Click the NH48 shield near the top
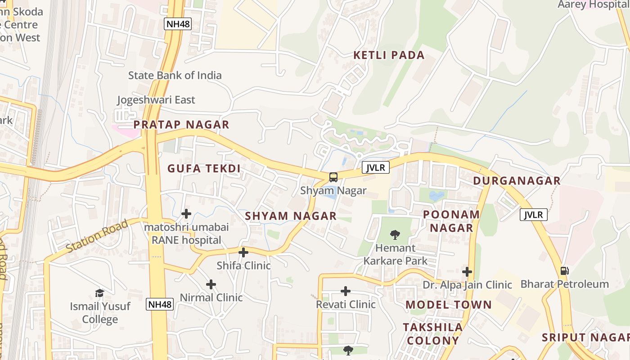(178, 24)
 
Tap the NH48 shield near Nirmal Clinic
(160, 304)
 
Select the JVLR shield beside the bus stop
(376, 167)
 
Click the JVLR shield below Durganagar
(534, 215)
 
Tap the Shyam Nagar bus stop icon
(333, 177)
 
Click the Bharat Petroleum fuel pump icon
(564, 271)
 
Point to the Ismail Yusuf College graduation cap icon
(99, 293)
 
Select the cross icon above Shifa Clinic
(243, 252)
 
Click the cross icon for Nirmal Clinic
(211, 284)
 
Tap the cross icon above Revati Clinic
(346, 291)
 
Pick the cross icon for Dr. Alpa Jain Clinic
(467, 272)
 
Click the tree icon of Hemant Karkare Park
(395, 234)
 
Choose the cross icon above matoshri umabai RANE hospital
(186, 214)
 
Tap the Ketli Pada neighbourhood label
(389, 55)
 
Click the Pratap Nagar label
(181, 125)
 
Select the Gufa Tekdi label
(204, 169)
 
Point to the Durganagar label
(517, 181)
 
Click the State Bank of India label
(175, 75)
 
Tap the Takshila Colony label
(432, 333)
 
